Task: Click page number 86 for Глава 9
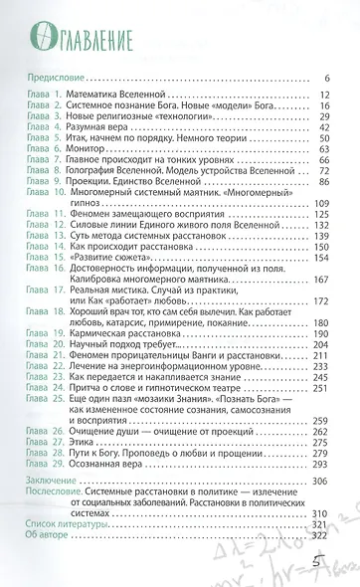323,180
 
